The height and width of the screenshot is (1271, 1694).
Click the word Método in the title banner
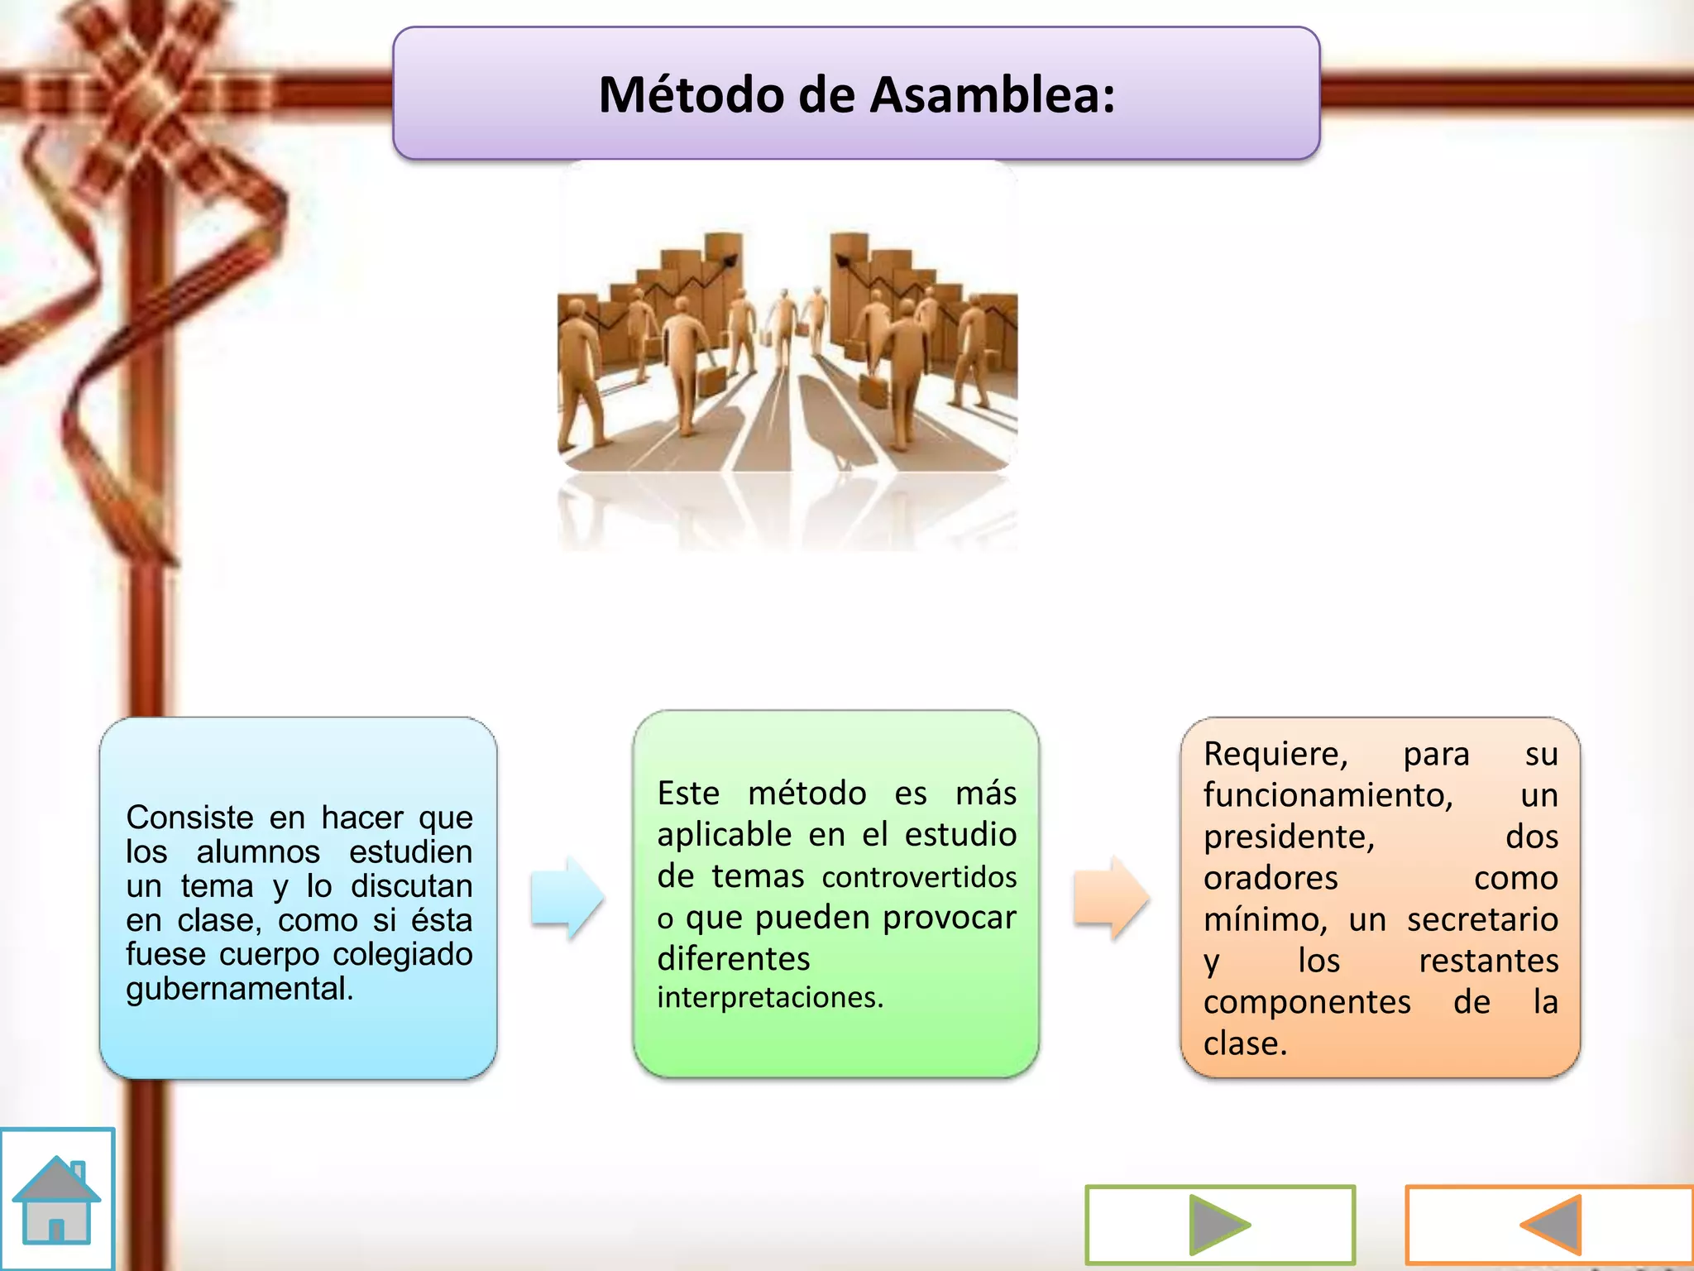pos(691,95)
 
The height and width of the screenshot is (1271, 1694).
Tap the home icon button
pos(56,1199)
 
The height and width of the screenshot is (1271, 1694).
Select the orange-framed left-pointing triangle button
pos(1550,1225)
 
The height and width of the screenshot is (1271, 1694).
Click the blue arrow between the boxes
pos(567,898)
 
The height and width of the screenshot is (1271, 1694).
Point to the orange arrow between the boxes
pos(1111,898)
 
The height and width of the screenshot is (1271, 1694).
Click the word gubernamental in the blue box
pos(239,989)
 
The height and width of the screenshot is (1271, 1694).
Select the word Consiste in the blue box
pos(189,818)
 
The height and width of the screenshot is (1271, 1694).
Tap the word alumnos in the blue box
pos(257,852)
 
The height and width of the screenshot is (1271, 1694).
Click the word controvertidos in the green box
pos(919,877)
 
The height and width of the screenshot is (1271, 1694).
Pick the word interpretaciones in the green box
pos(769,998)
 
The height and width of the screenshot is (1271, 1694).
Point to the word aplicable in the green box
pos(724,835)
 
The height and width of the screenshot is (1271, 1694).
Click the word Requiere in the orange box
pos(1275,755)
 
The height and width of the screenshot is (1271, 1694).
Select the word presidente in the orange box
pos(1288,837)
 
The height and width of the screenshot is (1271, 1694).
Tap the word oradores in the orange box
pos(1270,879)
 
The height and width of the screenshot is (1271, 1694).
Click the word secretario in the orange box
pos(1482,920)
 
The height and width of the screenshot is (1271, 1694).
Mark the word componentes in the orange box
pos(1306,1003)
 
